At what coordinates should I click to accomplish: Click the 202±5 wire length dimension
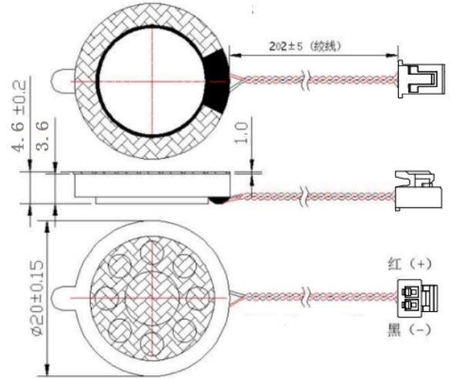coord(305,46)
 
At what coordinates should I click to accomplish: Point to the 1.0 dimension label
coord(242,132)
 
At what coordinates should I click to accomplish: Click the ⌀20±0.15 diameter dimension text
coord(38,298)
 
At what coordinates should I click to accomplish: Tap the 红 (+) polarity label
coord(410,263)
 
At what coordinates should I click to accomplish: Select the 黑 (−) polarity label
coord(410,329)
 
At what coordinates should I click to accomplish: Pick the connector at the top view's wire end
coord(421,79)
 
